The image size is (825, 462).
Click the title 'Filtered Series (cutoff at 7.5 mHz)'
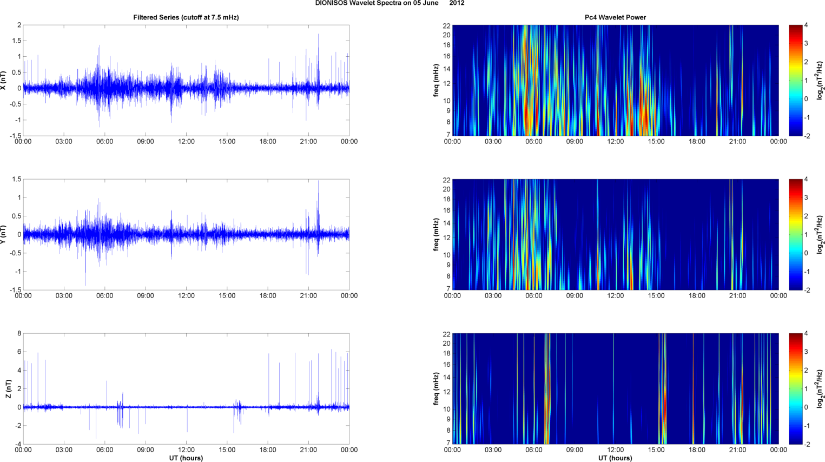186,17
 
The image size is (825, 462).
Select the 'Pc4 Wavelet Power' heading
615,17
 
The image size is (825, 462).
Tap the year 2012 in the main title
457,3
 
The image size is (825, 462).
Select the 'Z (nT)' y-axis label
8,388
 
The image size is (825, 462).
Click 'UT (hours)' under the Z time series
186,458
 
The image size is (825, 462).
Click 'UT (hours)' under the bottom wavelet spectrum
615,458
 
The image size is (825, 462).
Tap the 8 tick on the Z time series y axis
19,334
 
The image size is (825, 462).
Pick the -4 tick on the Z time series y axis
18,444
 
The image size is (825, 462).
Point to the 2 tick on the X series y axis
19,25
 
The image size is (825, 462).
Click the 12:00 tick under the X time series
186,142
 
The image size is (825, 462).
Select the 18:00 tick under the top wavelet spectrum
697,142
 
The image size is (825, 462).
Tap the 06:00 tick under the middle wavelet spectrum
534,296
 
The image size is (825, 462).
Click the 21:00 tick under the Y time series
308,296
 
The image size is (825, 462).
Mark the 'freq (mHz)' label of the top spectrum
436,80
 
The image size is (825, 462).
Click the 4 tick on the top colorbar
806,25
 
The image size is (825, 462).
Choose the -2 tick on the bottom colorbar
807,444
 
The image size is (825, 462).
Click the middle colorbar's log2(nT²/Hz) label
820,234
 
